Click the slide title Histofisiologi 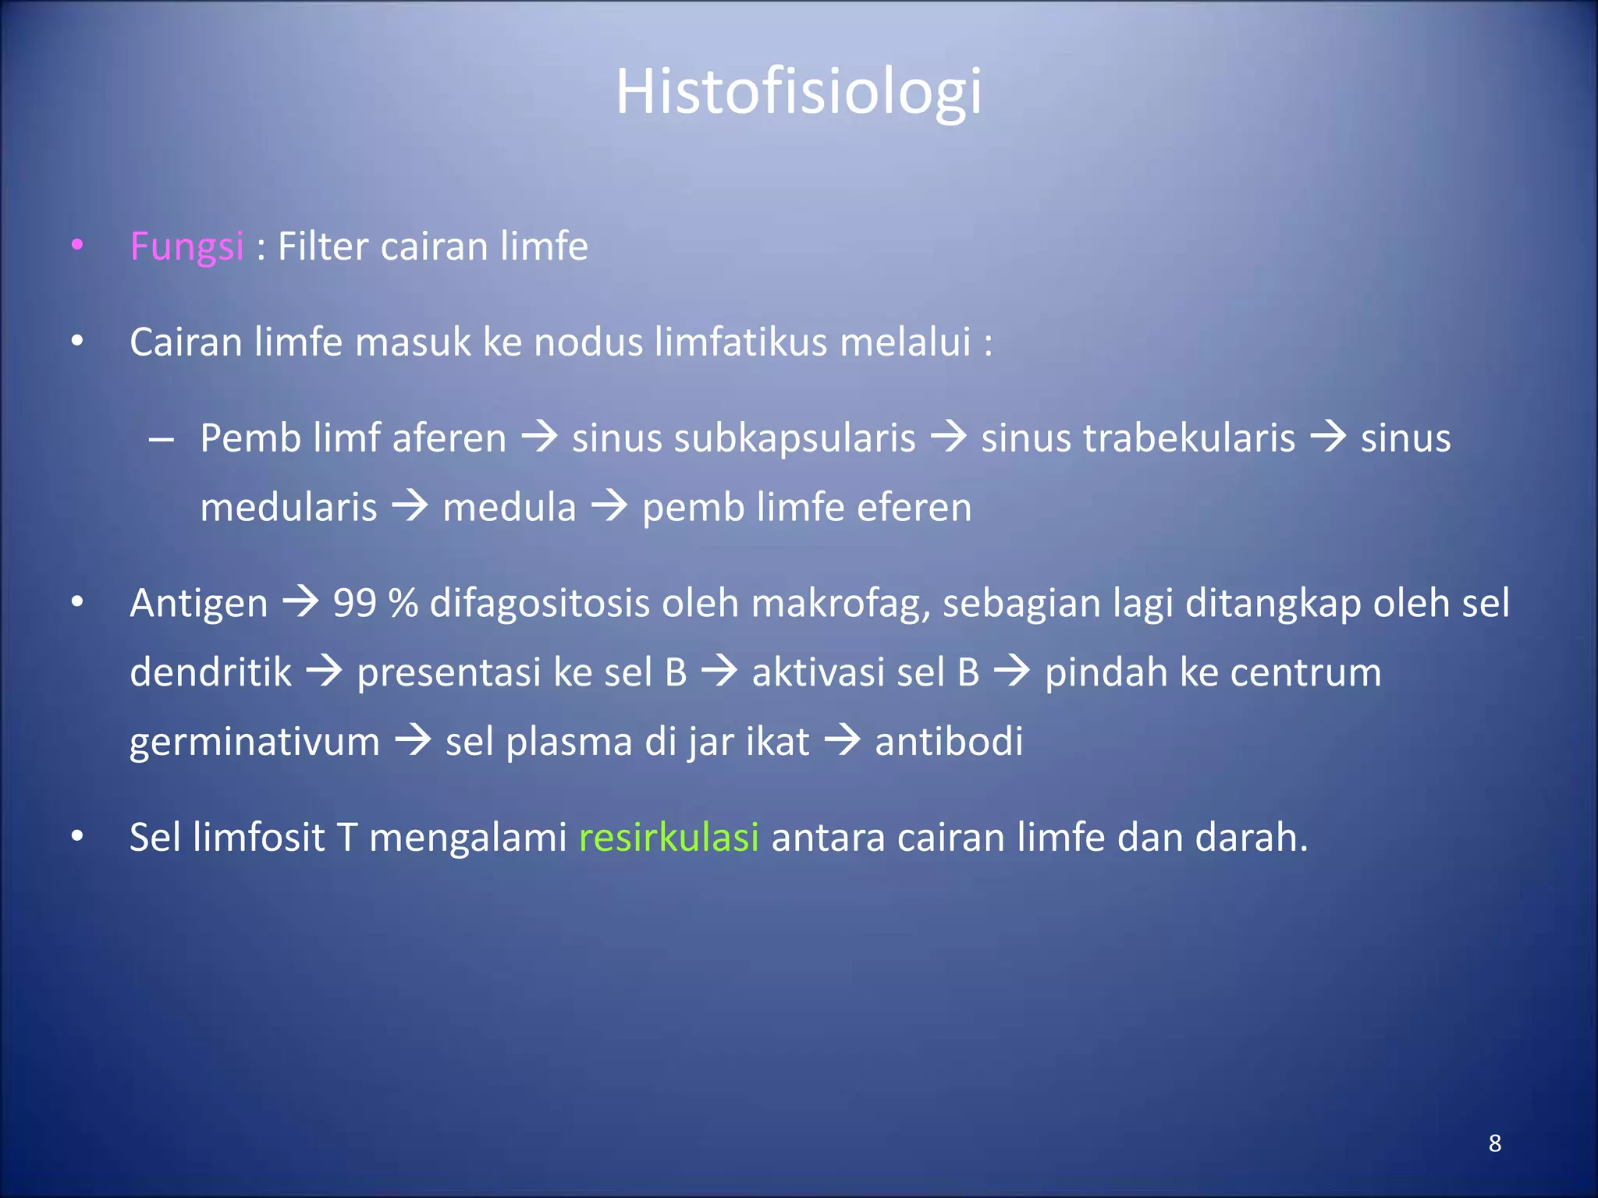(798, 92)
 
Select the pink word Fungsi (186, 247)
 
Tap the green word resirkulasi (669, 838)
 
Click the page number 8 (1494, 1143)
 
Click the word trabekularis (1138, 438)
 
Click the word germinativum (254, 742)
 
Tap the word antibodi (948, 742)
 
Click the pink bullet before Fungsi (76, 246)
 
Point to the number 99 (356, 603)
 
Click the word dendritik (211, 672)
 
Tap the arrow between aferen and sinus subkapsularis (539, 437)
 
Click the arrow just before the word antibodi (842, 740)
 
